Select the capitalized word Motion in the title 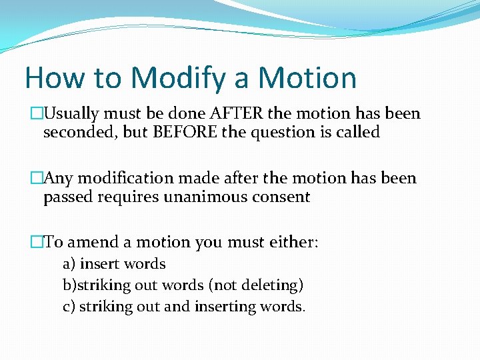click(x=307, y=78)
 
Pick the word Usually click(x=74, y=113)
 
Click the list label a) click(x=69, y=264)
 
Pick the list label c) click(x=69, y=307)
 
